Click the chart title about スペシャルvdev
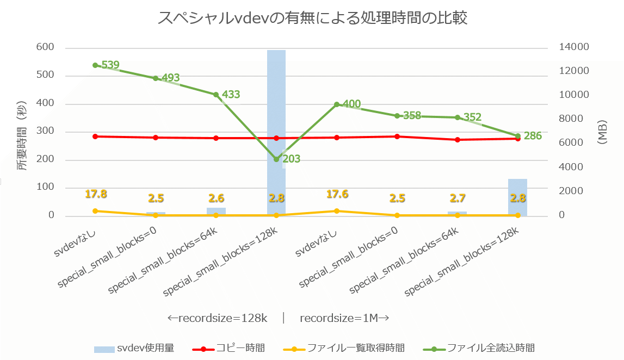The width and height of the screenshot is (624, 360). point(312,18)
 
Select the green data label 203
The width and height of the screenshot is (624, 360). point(291,159)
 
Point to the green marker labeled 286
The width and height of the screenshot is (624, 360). point(517,136)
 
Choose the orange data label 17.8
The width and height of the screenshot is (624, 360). point(96,194)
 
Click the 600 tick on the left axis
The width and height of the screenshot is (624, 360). point(45,47)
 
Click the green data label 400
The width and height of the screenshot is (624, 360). point(351,104)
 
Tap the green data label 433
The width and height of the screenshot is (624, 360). point(231,95)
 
